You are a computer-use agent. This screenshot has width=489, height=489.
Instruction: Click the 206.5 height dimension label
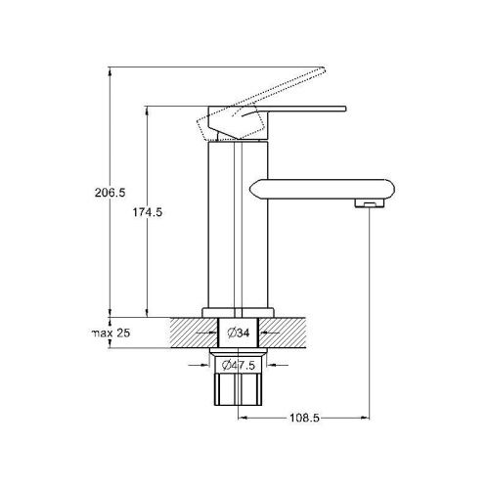(110, 193)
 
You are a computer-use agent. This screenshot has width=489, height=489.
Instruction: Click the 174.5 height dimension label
(147, 212)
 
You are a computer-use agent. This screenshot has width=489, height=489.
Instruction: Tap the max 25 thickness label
(111, 333)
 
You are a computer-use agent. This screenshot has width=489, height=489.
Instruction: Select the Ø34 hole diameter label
(239, 333)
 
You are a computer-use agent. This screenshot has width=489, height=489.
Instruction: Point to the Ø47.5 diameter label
(239, 365)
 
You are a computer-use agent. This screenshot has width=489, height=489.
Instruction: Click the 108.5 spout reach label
(305, 418)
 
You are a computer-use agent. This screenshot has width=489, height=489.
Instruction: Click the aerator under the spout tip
(370, 203)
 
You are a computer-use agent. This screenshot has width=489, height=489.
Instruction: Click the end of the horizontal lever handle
(345, 109)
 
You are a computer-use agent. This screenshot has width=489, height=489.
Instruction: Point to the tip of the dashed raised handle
(324, 68)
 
